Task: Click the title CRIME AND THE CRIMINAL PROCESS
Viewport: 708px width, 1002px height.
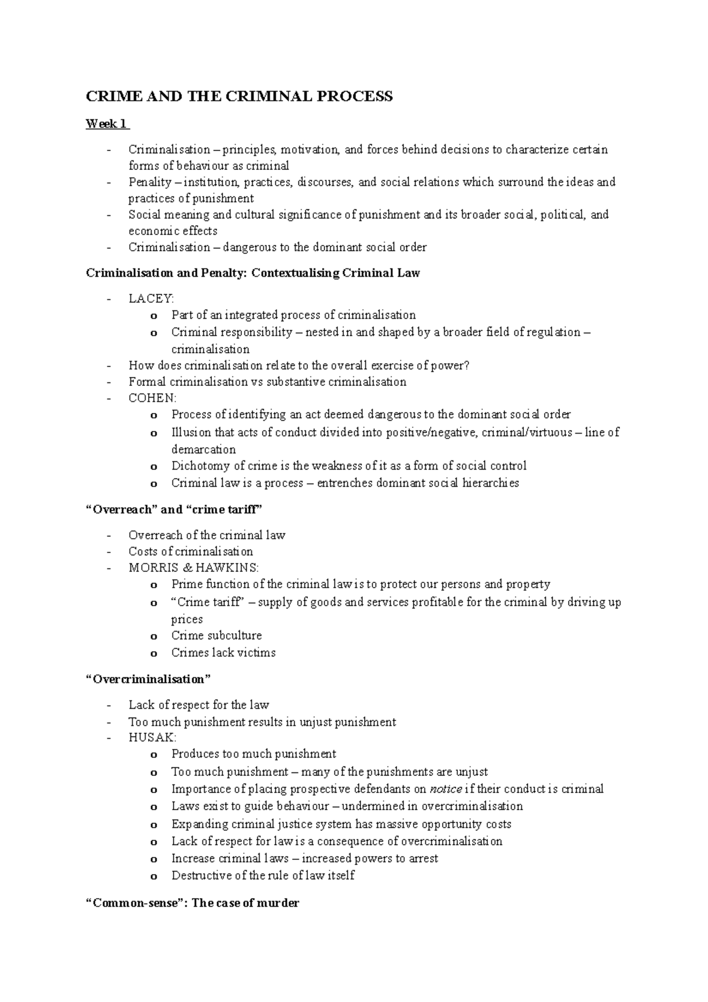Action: click(x=239, y=96)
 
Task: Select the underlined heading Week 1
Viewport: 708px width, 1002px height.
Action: click(x=106, y=124)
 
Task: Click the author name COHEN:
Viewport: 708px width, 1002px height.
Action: click(x=152, y=398)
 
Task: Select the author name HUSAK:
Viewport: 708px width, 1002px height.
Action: click(x=152, y=737)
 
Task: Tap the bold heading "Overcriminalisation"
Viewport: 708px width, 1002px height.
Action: click(x=148, y=679)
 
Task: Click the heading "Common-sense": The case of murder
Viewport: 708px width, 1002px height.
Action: click(x=192, y=903)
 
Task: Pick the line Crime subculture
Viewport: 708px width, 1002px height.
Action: click(x=217, y=636)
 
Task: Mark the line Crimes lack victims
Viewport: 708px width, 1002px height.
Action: click(x=223, y=653)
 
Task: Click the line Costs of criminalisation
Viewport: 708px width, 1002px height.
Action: click(x=191, y=552)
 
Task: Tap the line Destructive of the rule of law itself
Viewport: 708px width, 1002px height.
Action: click(x=263, y=875)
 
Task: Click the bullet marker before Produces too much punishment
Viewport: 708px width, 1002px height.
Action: click(x=154, y=755)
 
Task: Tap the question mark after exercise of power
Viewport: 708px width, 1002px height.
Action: click(x=467, y=365)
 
